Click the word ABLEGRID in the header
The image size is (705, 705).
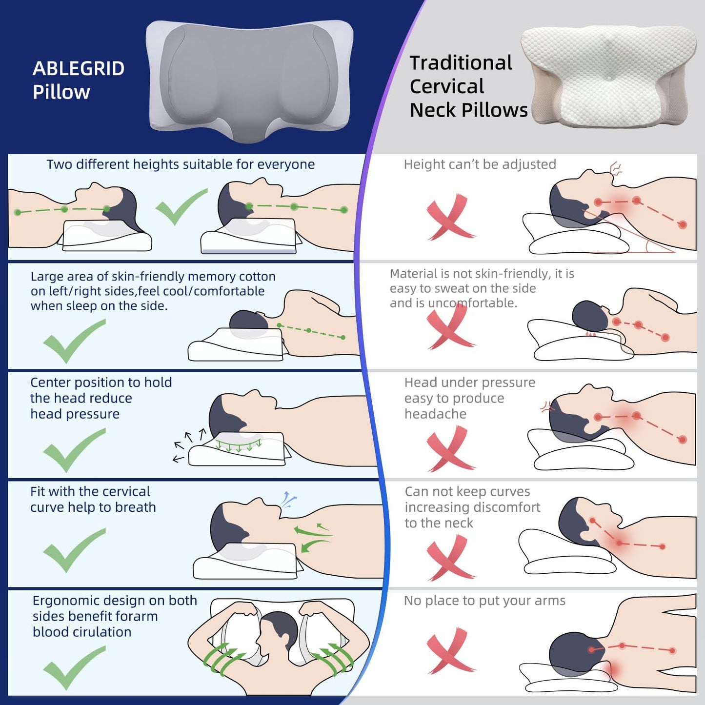click(x=79, y=69)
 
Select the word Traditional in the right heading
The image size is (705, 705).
click(x=461, y=63)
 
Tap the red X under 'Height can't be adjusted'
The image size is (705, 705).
click(x=449, y=218)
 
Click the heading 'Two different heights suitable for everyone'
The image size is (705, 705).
click(x=181, y=164)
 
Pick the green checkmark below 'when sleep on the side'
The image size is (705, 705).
click(x=73, y=342)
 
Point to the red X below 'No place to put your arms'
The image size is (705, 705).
click(x=449, y=651)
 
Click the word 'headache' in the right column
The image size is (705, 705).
click(x=435, y=414)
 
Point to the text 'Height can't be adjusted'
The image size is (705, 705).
click(x=480, y=164)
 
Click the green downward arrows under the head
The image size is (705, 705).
click(x=239, y=445)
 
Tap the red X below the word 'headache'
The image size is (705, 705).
click(x=449, y=449)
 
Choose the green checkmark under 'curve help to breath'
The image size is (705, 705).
click(x=73, y=550)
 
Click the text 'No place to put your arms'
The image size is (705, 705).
click(x=484, y=601)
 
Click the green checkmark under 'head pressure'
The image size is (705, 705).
click(x=73, y=450)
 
